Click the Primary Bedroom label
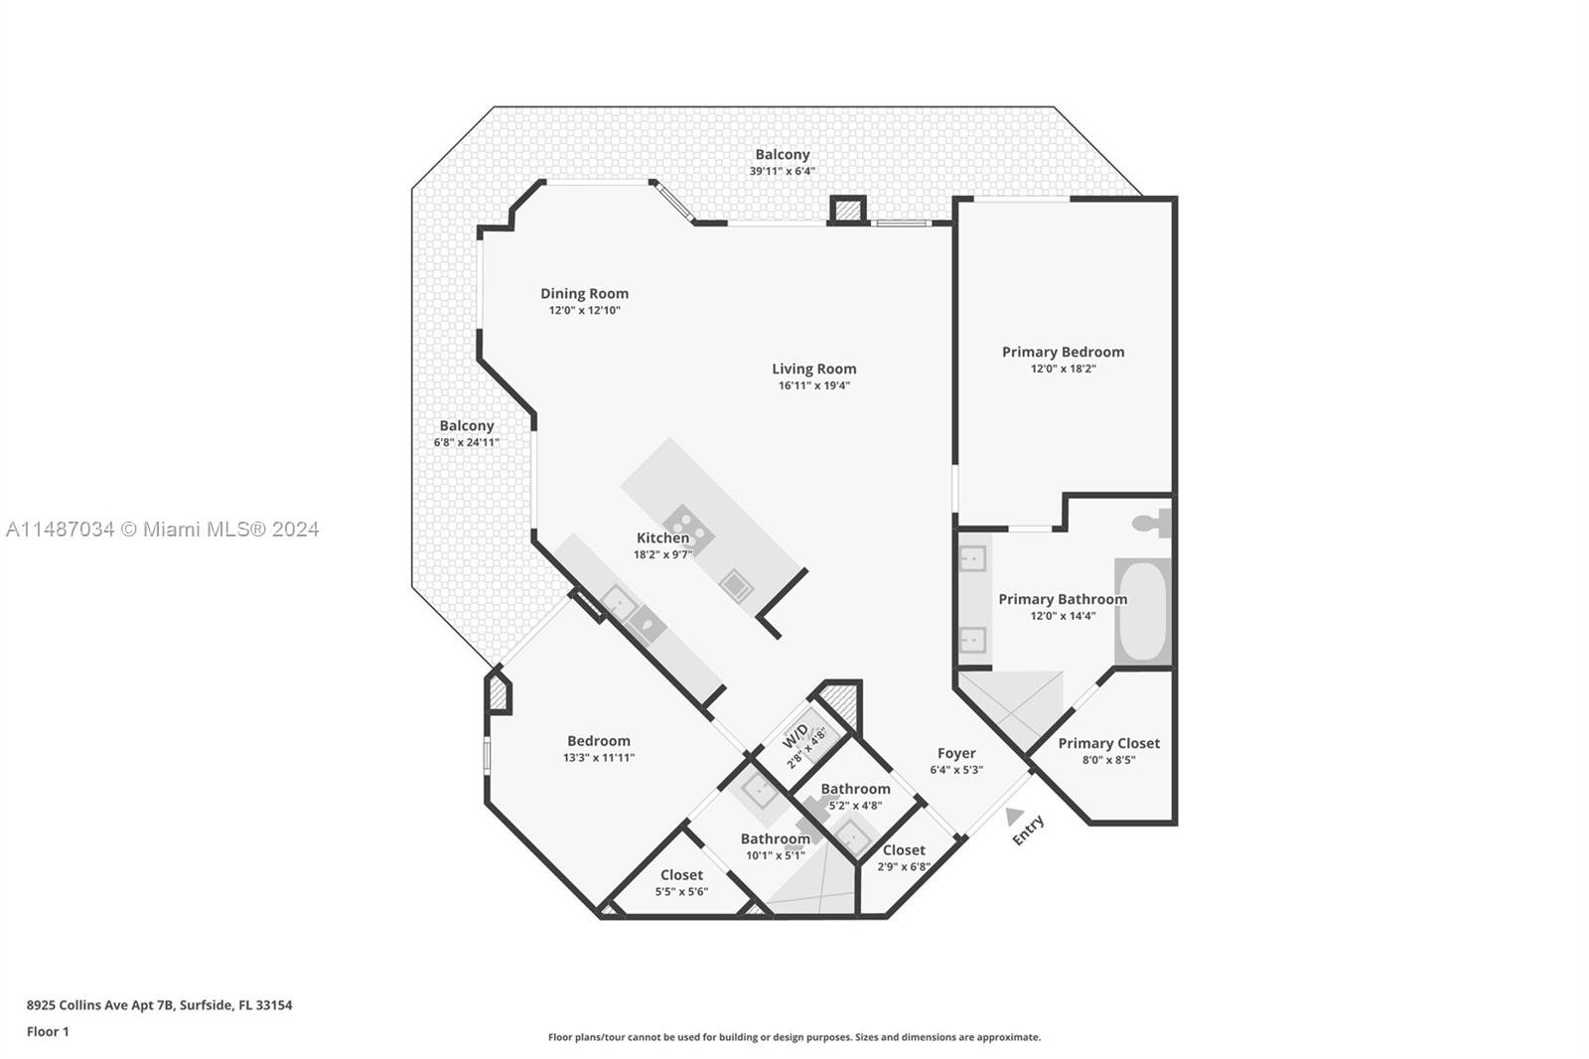click(x=1063, y=352)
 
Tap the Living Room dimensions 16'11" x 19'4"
click(x=813, y=385)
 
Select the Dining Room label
click(x=584, y=293)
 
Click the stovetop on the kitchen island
click(x=687, y=529)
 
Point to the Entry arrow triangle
click(x=1013, y=817)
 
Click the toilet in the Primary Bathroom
click(x=1152, y=523)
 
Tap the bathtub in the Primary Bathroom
click(x=1142, y=612)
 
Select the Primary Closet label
click(x=1108, y=743)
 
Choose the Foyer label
click(x=956, y=753)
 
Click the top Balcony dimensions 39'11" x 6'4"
click(x=782, y=171)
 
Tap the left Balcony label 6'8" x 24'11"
click(x=466, y=433)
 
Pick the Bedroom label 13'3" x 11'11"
click(x=598, y=748)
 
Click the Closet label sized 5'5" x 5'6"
click(x=681, y=882)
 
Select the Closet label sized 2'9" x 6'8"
click(x=904, y=857)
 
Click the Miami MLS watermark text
click(x=163, y=529)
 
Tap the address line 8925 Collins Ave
click(x=159, y=1004)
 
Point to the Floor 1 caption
click(x=48, y=1031)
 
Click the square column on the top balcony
click(x=847, y=210)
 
